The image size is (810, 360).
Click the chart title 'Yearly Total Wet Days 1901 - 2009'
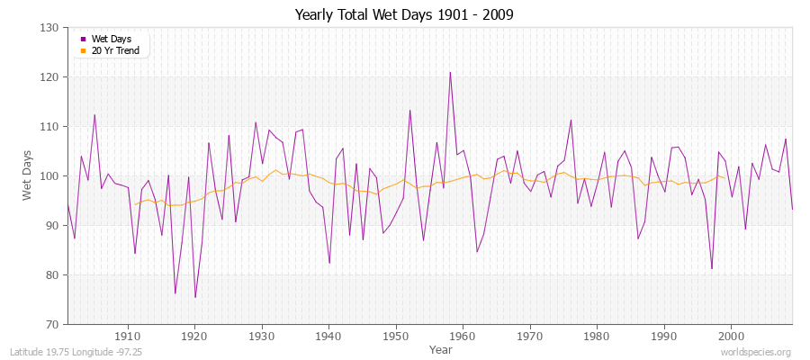tap(404, 15)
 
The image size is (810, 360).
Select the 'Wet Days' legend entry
tap(110, 39)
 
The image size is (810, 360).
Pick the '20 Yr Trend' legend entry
tap(114, 50)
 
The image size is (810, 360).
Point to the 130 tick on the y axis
tap(50, 28)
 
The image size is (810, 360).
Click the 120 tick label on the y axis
tap(50, 77)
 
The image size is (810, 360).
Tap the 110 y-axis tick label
tap(50, 127)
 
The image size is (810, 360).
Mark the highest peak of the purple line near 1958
tap(450, 73)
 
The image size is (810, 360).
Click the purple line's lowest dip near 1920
tap(195, 297)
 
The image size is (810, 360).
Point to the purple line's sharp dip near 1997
tap(712, 268)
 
